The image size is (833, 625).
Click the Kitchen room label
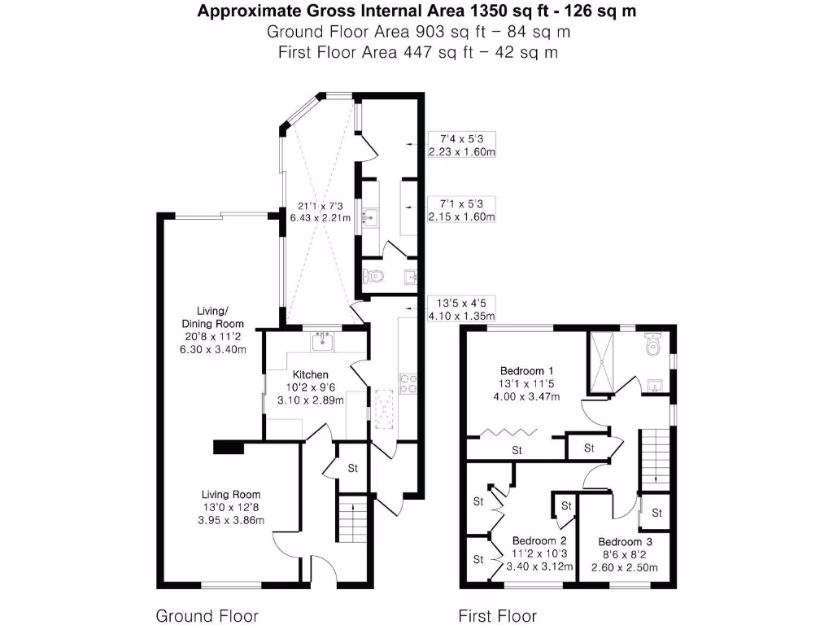point(316,375)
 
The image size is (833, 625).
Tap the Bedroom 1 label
point(521,369)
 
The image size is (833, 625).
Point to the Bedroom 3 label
point(625,542)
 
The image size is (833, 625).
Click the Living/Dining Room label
point(212,317)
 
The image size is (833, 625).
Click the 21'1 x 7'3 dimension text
point(320,206)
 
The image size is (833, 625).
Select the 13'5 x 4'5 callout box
point(462,308)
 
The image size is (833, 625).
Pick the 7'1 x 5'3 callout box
point(462,210)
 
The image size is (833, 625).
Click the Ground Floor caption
point(207,615)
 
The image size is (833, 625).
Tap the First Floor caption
point(497,615)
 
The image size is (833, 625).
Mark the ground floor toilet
point(373,278)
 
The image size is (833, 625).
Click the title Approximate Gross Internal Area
point(416,11)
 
